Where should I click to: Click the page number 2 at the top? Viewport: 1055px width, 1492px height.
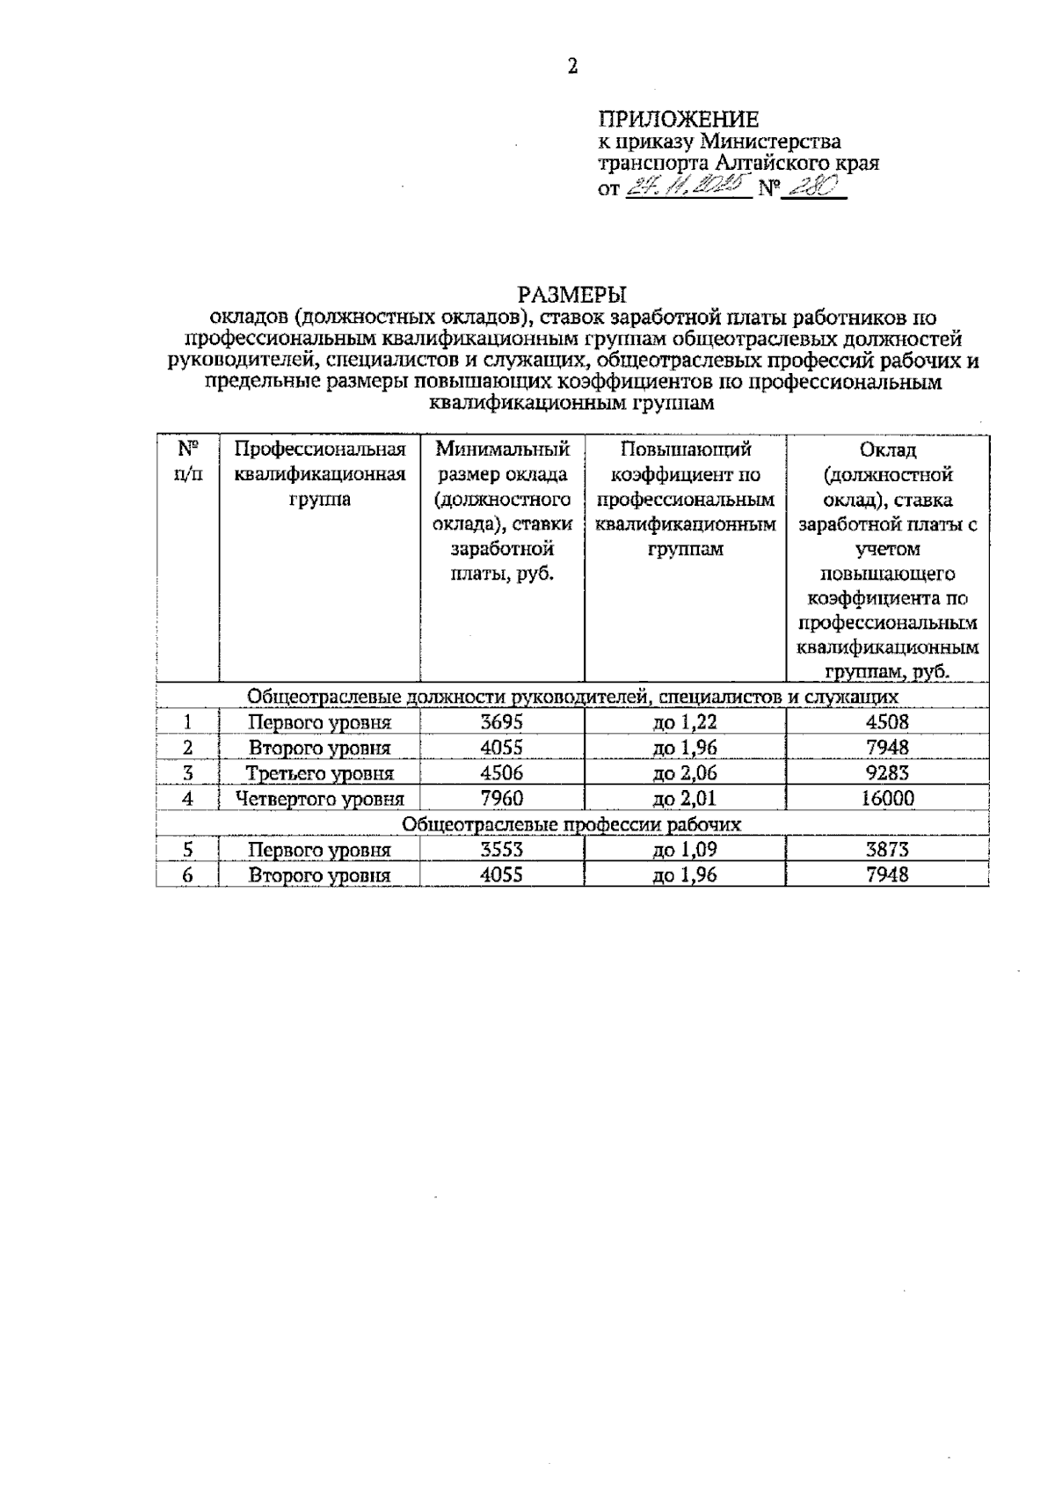(572, 67)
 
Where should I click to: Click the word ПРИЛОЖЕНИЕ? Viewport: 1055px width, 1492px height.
(678, 120)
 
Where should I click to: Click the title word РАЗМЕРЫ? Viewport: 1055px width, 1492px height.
(572, 294)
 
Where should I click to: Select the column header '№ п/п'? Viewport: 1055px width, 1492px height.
(187, 462)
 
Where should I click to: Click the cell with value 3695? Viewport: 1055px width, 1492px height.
(501, 722)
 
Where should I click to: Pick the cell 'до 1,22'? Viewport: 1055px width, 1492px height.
(685, 722)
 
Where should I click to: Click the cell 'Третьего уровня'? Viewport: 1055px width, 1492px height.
(319, 773)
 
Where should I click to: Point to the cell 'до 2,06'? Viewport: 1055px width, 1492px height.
(685, 773)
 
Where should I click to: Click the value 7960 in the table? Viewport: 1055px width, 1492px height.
(501, 799)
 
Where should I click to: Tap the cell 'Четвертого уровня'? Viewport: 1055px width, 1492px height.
(319, 799)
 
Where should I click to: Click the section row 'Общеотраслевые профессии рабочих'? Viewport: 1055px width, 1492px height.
(571, 824)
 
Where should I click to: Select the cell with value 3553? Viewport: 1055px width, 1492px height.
(501, 850)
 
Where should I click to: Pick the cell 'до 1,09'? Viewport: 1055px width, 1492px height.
(685, 850)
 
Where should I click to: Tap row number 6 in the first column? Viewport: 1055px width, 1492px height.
(187, 875)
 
